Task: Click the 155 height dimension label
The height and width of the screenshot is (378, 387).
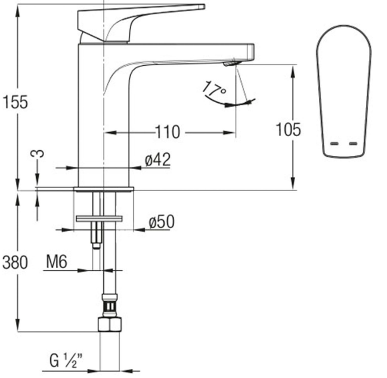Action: [x=15, y=102]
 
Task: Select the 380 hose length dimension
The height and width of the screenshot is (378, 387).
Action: [x=15, y=262]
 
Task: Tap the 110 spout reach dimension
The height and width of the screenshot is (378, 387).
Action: [x=168, y=132]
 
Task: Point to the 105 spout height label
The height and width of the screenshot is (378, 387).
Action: [x=288, y=130]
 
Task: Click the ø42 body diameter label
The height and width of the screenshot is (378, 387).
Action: [x=158, y=159]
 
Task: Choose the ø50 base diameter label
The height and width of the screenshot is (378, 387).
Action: [x=162, y=222]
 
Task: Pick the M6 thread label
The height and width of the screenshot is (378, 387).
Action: [x=57, y=262]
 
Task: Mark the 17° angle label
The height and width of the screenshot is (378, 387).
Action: [x=214, y=88]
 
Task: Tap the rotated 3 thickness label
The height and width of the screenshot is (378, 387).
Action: [x=37, y=153]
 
